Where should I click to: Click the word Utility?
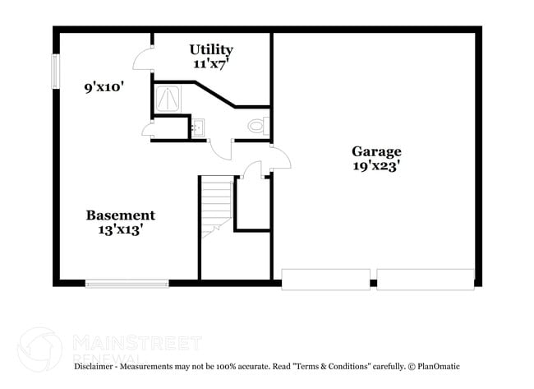click(x=211, y=49)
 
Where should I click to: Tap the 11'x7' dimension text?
click(x=211, y=63)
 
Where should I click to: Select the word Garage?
click(x=376, y=151)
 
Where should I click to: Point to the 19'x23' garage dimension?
click(x=376, y=165)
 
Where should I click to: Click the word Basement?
click(x=121, y=215)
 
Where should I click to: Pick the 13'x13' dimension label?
click(x=121, y=230)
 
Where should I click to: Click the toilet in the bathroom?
click(x=257, y=127)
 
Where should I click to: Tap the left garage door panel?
click(x=325, y=279)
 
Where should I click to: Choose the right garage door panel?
click(x=426, y=279)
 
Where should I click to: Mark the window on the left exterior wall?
click(x=56, y=72)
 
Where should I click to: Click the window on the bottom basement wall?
click(x=127, y=284)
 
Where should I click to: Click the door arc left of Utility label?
click(x=143, y=59)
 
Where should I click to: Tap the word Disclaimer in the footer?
click(x=96, y=366)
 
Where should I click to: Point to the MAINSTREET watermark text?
click(x=136, y=341)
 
